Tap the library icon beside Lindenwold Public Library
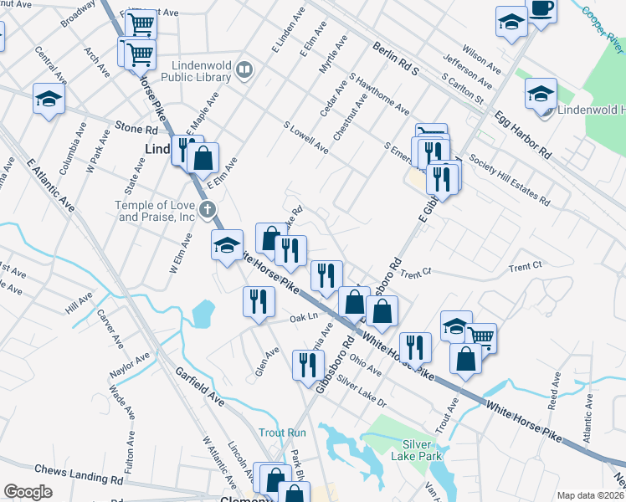[244, 69]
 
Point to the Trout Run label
[282, 433]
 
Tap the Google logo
[28, 492]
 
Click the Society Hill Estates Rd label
[509, 180]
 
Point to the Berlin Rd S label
[395, 59]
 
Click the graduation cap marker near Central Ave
[49, 99]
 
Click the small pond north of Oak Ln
[203, 313]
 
